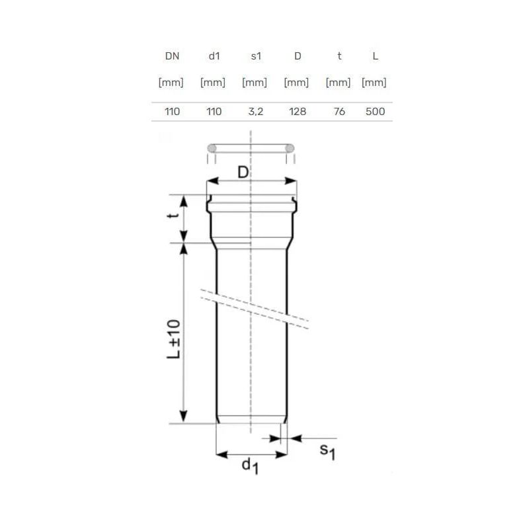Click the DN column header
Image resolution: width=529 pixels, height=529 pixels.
[172, 56]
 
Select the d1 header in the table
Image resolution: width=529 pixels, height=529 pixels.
[214, 56]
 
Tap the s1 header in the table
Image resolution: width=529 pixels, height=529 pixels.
[255, 56]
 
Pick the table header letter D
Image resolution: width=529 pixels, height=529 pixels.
[298, 56]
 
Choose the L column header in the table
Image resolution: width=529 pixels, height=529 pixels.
[375, 56]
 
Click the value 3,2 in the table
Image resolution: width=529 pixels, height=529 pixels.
[255, 112]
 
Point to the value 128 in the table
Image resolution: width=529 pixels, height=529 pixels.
[298, 112]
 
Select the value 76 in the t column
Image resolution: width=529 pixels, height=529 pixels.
[339, 112]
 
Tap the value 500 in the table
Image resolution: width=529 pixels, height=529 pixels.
[375, 112]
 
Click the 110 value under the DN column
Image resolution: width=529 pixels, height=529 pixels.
[172, 112]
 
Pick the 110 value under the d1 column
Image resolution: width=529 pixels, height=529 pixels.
[214, 112]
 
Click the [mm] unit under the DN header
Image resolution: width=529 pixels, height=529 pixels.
[171, 83]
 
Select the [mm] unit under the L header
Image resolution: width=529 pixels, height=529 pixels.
[374, 83]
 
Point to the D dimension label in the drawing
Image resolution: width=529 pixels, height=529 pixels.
[243, 173]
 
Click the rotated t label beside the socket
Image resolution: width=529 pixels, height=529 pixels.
[174, 218]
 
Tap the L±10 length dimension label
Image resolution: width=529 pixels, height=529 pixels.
[173, 339]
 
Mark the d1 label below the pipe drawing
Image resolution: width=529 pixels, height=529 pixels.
[249, 466]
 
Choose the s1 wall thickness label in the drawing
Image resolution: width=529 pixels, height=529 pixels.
[327, 452]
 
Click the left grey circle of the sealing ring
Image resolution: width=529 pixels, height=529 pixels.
[212, 148]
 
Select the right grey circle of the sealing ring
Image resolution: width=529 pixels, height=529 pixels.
[290, 148]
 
